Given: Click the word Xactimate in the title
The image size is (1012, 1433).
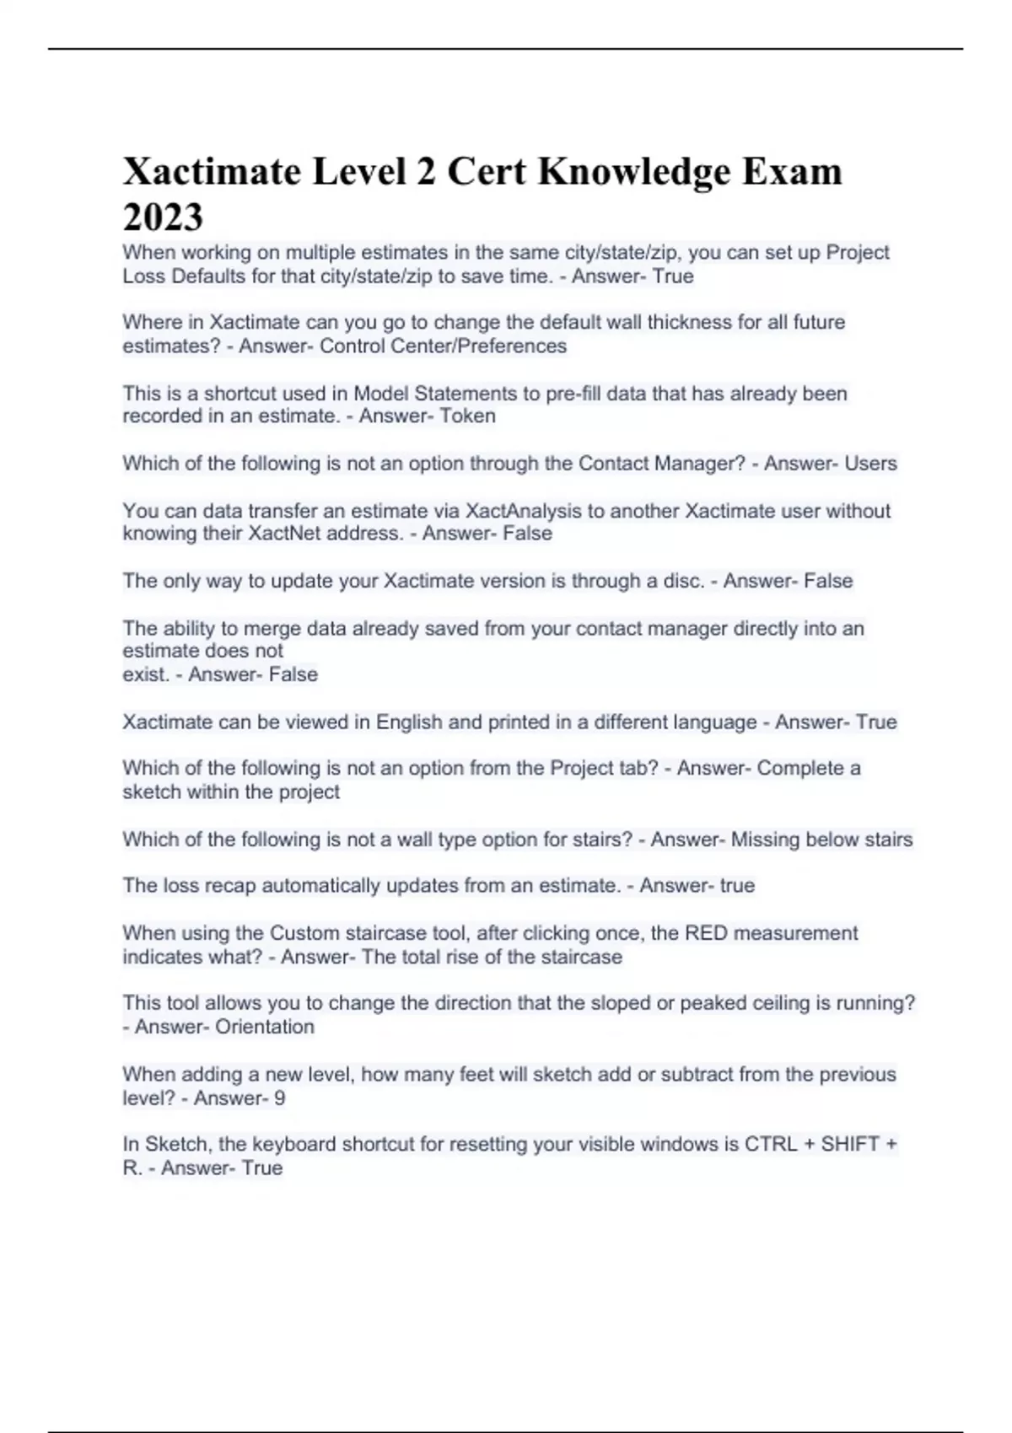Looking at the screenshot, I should click(212, 172).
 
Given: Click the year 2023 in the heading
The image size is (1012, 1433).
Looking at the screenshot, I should click(163, 217).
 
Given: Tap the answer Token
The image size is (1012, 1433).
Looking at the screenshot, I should click(467, 416).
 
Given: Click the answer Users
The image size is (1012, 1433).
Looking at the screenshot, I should click(869, 464).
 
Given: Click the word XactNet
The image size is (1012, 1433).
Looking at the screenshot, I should click(283, 534).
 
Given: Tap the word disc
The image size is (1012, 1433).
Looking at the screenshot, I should click(684, 581).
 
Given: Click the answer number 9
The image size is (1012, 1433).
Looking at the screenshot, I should click(280, 1098).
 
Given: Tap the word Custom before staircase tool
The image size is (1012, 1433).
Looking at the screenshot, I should click(299, 933).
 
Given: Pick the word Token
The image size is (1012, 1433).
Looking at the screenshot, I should click(467, 416).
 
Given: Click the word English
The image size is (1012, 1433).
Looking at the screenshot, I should click(409, 722).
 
